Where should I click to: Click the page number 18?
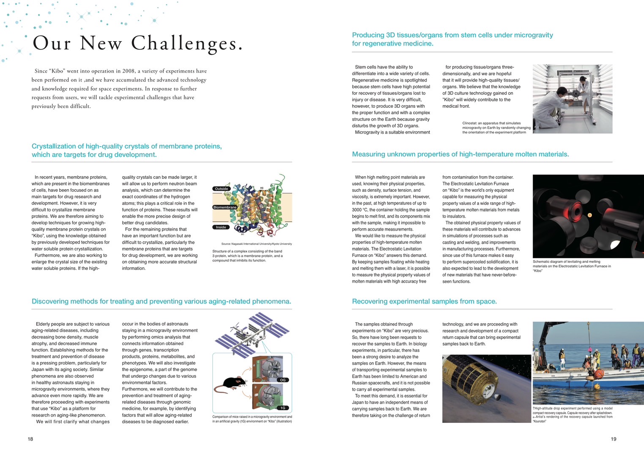(30, 439)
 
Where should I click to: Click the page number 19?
(614, 439)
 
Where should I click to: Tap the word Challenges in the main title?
(186, 43)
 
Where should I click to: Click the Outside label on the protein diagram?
(221, 188)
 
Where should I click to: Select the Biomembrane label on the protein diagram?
(225, 207)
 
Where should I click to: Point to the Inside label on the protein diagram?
(221, 227)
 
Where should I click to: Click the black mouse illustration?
(230, 383)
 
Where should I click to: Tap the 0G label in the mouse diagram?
(283, 380)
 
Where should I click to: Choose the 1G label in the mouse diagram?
(283, 408)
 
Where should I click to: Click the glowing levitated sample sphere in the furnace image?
(589, 215)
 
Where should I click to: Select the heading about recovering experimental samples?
(424, 301)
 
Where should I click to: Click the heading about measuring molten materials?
(460, 154)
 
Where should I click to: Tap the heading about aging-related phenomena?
(161, 301)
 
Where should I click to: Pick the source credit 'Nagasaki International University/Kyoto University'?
(256, 244)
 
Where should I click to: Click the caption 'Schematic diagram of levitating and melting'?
(572, 266)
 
